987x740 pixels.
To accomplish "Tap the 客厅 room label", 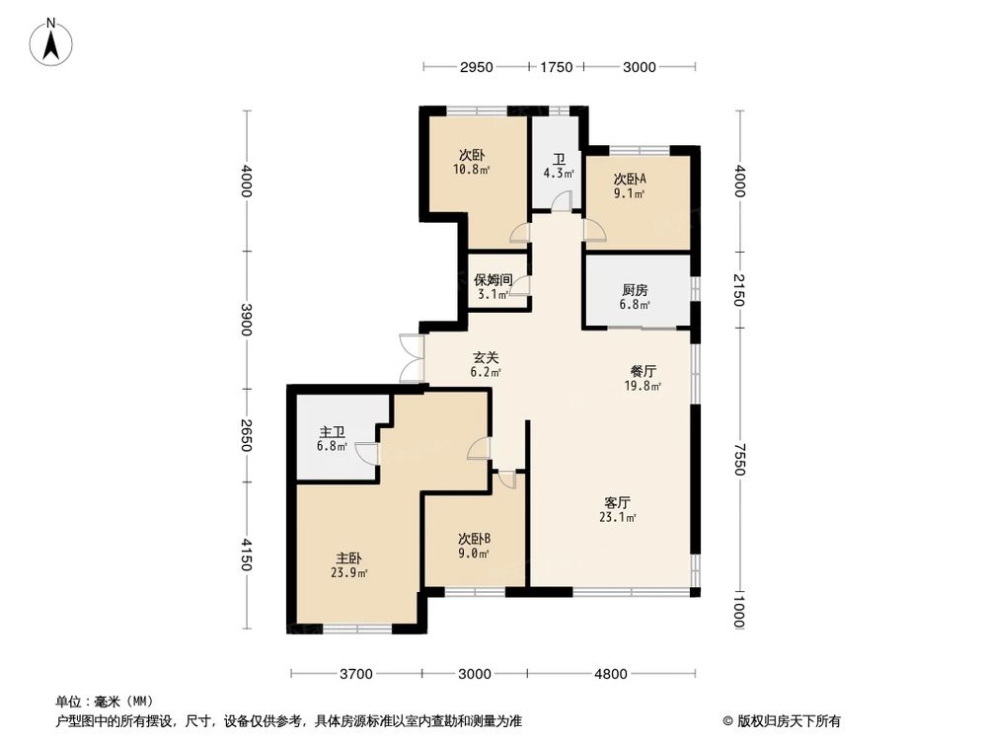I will (x=617, y=502).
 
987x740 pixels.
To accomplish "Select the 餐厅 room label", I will (x=644, y=372).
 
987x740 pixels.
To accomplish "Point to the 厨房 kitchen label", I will (x=636, y=290).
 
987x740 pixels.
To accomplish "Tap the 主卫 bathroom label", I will (x=332, y=432).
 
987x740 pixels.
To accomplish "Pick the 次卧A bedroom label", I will (x=630, y=180).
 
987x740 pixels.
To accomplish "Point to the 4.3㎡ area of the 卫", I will (x=558, y=174).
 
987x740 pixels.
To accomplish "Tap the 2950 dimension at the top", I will (x=476, y=67).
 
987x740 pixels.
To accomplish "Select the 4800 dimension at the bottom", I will (x=610, y=675).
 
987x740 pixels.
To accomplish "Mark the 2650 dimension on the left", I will (x=246, y=435).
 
